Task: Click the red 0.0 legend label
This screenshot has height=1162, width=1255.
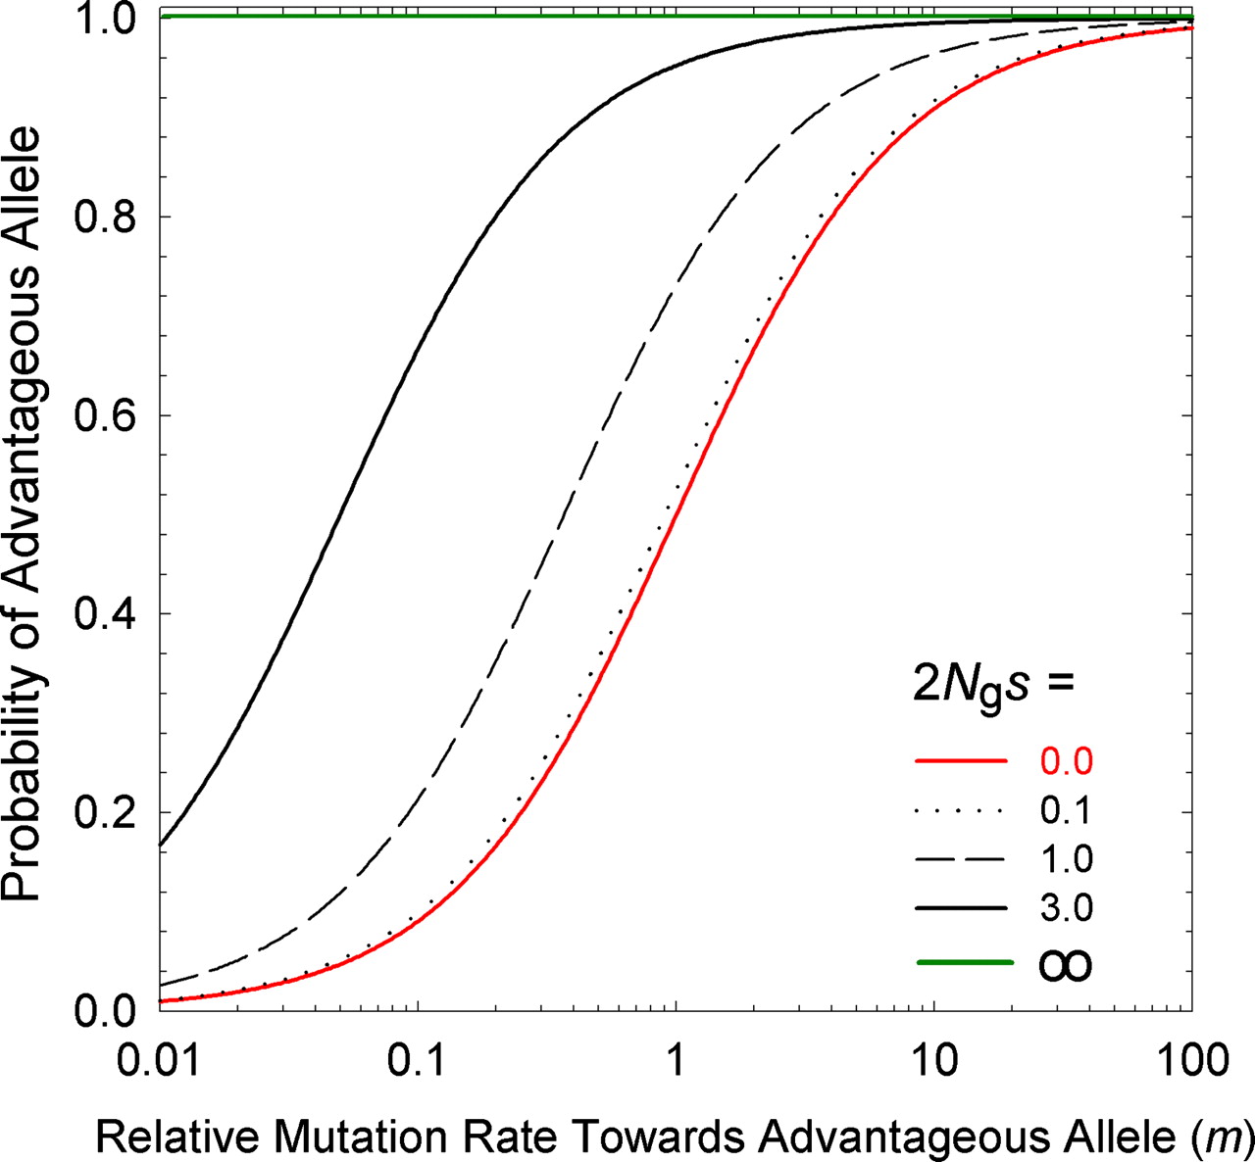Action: point(1066,762)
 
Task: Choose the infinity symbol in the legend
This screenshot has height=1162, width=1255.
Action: point(1065,967)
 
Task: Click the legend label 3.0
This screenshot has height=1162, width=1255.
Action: point(1066,909)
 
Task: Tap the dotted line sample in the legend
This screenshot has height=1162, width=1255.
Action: point(961,811)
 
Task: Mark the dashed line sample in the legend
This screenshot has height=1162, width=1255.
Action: point(961,860)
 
